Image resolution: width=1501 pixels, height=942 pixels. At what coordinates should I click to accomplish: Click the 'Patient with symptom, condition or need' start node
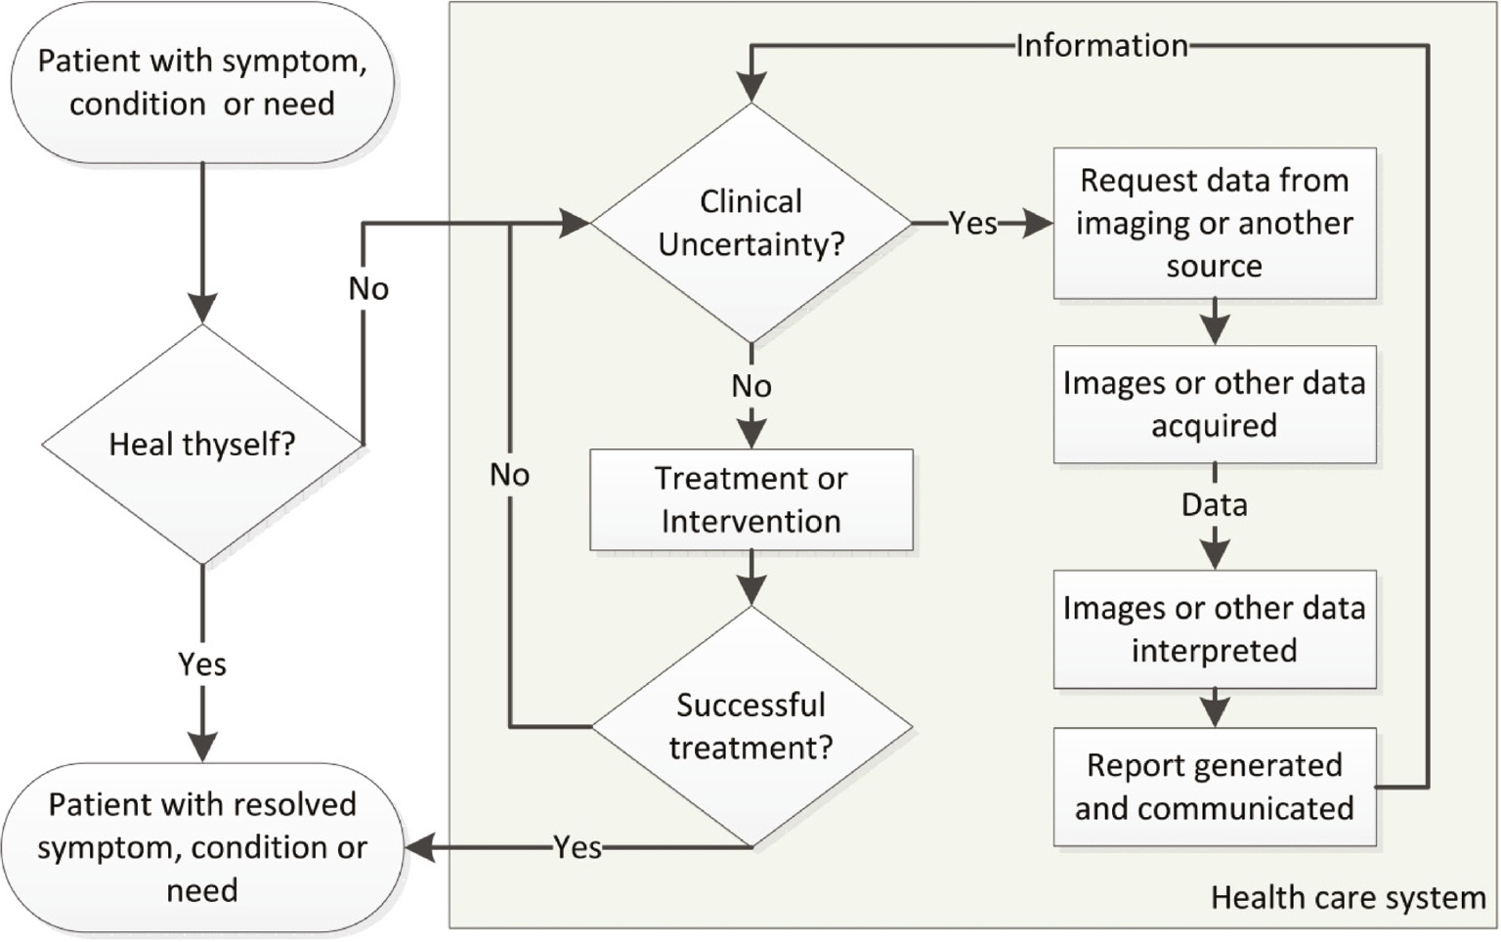click(202, 82)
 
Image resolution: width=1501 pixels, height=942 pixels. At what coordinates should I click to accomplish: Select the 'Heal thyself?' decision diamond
click(202, 445)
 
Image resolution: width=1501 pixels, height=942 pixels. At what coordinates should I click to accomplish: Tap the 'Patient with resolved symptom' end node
click(202, 847)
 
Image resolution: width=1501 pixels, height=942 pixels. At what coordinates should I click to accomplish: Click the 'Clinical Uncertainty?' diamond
click(750, 223)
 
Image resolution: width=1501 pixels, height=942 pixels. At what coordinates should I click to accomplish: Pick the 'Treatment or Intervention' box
click(750, 499)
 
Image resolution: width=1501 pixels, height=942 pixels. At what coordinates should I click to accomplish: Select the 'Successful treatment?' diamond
click(750, 726)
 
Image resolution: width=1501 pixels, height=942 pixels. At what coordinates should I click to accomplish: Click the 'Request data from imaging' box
click(1214, 223)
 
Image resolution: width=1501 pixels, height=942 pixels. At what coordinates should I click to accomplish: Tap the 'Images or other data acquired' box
click(1214, 404)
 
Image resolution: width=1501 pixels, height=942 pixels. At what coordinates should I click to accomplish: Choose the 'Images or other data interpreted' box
click(1214, 629)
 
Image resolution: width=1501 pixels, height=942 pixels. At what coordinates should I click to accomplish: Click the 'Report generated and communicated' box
click(1214, 787)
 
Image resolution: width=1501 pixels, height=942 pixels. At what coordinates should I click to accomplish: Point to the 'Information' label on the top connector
click(1101, 45)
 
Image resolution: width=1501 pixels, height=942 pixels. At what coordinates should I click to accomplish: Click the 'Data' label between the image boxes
click(1214, 505)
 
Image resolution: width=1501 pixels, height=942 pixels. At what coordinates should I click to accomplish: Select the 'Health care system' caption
click(1348, 897)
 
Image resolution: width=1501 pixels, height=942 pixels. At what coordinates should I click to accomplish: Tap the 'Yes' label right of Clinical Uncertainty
click(972, 223)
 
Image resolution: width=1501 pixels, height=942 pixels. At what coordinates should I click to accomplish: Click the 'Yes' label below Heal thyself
click(202, 664)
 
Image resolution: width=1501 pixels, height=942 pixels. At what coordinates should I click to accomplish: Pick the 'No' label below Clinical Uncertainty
click(750, 386)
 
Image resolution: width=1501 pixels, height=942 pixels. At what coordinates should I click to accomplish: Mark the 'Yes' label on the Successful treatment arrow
click(578, 847)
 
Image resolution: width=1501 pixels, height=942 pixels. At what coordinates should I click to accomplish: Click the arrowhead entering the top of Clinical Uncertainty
click(750, 88)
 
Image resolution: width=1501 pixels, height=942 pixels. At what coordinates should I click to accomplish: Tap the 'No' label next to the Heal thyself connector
click(368, 288)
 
